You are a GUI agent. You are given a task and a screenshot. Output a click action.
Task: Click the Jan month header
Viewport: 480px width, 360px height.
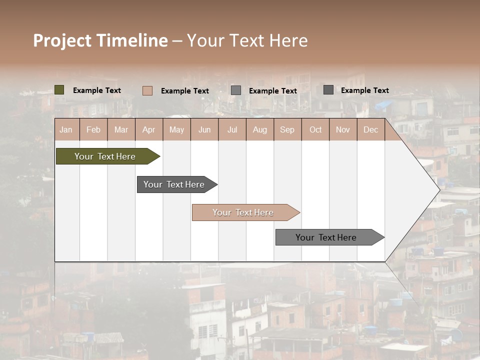tap(66, 129)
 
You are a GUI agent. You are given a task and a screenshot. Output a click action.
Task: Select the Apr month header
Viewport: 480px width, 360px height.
tap(148, 129)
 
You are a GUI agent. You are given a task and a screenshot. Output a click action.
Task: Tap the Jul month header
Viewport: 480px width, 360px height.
tap(232, 129)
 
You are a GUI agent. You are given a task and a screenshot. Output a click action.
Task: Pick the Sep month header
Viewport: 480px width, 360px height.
tap(287, 129)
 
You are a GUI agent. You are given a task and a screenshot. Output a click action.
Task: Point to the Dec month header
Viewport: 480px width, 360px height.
tap(370, 129)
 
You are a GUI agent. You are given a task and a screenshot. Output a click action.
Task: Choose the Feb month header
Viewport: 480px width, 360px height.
tap(93, 129)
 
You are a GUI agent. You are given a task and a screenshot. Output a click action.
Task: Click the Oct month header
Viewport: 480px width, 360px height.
tap(315, 129)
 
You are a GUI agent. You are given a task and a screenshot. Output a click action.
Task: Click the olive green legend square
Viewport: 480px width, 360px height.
tap(59, 90)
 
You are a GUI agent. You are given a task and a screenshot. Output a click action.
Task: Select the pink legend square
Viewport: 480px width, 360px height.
tap(147, 90)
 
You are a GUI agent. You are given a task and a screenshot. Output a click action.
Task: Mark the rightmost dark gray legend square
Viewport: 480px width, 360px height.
tap(328, 90)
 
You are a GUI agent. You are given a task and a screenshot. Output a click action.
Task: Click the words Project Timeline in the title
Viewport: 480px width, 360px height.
tap(100, 40)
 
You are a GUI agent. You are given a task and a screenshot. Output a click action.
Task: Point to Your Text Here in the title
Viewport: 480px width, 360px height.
tap(247, 40)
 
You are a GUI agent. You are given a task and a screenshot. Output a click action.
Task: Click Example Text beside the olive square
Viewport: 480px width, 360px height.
tap(97, 90)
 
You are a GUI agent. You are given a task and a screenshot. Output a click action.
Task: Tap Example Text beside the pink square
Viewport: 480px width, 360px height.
tap(185, 91)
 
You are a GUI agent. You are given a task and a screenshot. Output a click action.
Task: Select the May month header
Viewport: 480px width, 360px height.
tap(176, 129)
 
